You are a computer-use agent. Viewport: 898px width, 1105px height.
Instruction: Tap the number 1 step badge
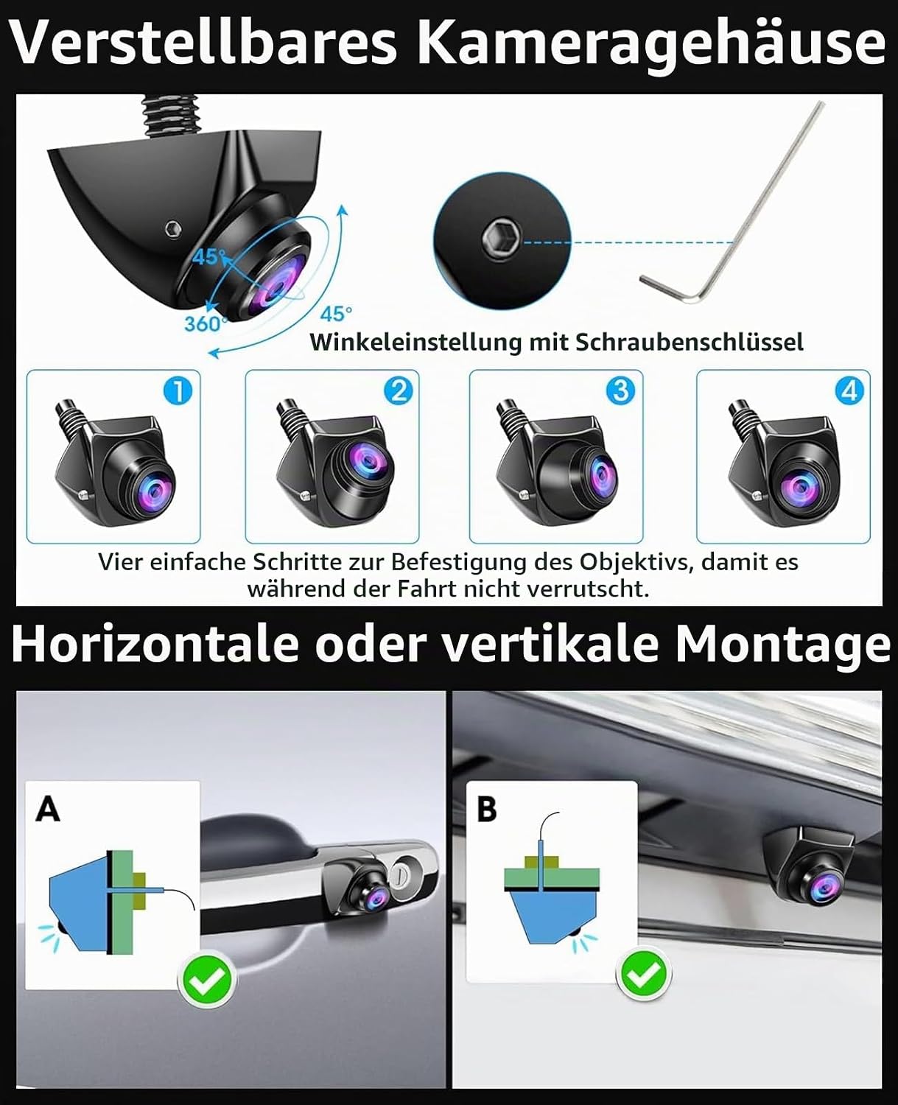[178, 391]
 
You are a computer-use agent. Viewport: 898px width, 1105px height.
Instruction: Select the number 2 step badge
[399, 391]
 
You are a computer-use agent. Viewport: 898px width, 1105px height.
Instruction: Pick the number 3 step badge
[620, 391]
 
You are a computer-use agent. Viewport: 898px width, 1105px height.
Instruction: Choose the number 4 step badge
[849, 391]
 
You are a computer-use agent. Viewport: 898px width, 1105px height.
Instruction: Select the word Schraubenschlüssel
[690, 343]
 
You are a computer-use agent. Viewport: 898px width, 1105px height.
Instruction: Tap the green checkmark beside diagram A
[207, 980]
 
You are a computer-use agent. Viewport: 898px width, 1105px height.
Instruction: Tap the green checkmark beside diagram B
[644, 975]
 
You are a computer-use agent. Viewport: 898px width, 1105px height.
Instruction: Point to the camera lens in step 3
[601, 475]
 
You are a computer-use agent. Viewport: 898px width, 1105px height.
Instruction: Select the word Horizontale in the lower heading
[155, 645]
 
